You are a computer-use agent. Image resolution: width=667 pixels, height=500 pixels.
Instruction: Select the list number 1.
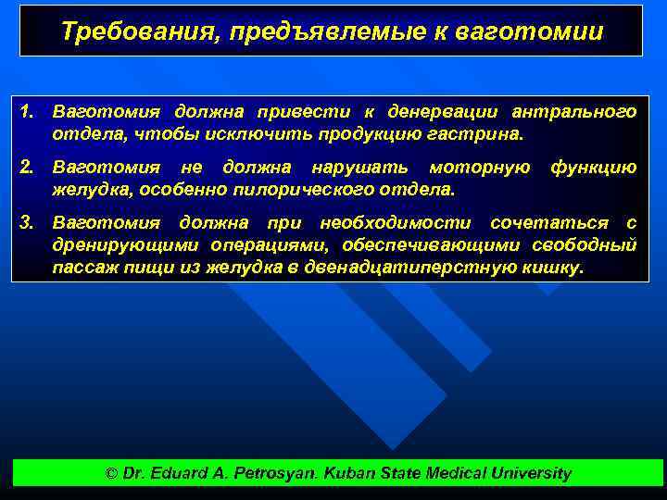point(28,112)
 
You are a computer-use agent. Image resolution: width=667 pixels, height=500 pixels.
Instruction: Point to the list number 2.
point(28,168)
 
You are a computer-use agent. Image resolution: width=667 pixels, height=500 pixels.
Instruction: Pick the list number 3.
point(28,223)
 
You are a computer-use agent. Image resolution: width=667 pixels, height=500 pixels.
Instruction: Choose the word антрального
point(573,112)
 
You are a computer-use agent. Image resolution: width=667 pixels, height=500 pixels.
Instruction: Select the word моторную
point(478,168)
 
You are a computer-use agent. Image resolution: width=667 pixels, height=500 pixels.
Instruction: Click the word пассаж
point(84,268)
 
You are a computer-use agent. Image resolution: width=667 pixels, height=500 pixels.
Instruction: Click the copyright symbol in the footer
point(112,473)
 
